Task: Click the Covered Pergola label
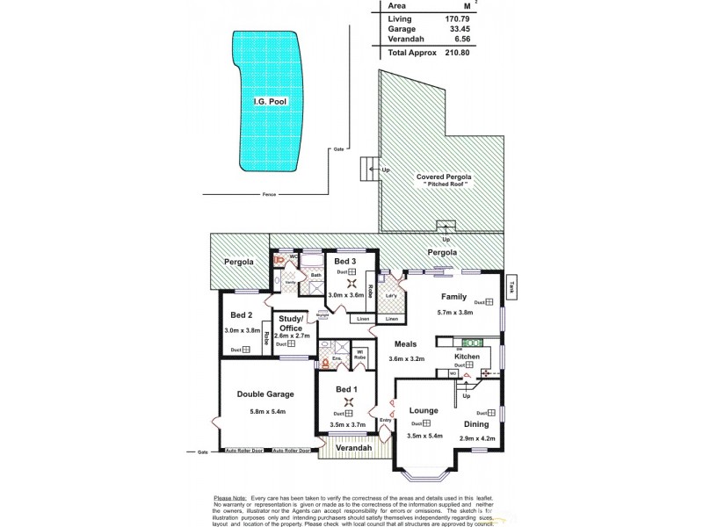pos(444,177)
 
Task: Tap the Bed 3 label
pos(344,261)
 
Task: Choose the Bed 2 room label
pos(242,315)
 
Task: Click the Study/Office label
pos(291,323)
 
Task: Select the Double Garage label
pos(265,394)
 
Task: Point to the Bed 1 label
pos(347,389)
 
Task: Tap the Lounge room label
pos(424,410)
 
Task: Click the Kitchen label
pos(467,356)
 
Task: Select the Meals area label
pos(406,345)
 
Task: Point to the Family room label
pos(453,297)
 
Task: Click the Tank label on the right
pos(511,282)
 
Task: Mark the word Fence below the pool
pos(268,195)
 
